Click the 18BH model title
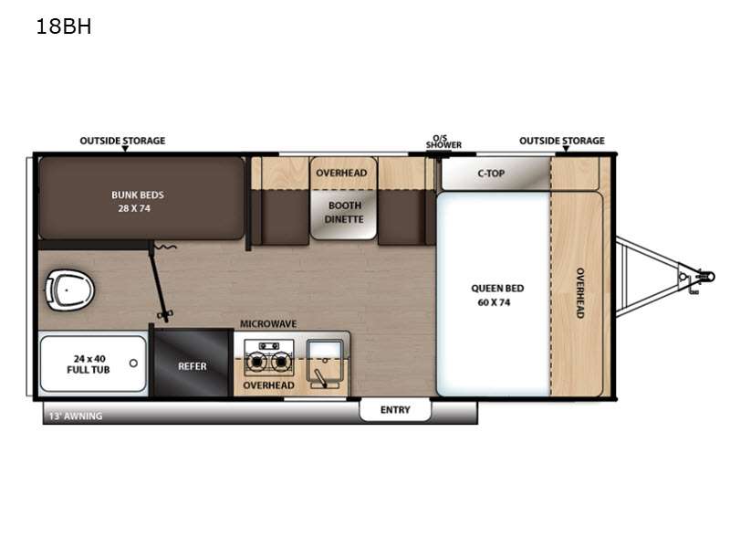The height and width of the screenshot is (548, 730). click(x=64, y=26)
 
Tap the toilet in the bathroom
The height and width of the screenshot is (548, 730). click(x=69, y=290)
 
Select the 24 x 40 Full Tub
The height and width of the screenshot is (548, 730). click(x=93, y=364)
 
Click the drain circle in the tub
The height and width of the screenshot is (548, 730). click(x=133, y=363)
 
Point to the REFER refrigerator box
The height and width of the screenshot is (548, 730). click(x=193, y=363)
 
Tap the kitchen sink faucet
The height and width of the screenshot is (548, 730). click(x=319, y=377)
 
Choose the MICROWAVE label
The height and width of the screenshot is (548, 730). click(x=268, y=324)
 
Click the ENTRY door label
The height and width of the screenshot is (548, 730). click(x=395, y=409)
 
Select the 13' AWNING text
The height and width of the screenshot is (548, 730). click(x=76, y=416)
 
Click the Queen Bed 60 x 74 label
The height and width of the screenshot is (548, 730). click(x=497, y=295)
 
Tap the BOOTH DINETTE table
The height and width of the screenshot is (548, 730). click(x=344, y=216)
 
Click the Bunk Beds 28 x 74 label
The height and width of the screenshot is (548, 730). click(x=138, y=202)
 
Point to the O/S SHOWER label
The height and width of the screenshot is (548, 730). click(x=443, y=142)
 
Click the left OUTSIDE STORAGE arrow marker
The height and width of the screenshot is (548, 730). click(x=125, y=149)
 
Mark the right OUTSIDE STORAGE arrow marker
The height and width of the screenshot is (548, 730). click(x=566, y=149)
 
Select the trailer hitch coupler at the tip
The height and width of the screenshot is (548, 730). click(x=708, y=277)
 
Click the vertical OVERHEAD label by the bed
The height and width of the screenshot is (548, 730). click(x=580, y=293)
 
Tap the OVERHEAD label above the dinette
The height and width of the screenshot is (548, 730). click(x=341, y=173)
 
